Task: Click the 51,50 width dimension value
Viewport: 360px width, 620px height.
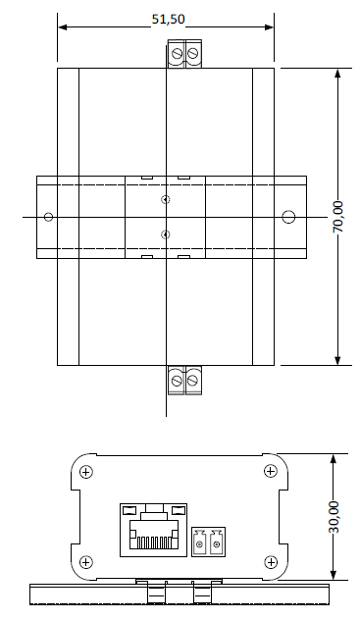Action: (x=169, y=19)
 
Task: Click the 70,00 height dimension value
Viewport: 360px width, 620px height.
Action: (x=338, y=217)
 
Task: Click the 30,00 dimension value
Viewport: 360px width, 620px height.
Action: (x=334, y=517)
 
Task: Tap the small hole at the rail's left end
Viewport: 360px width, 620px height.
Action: (x=48, y=217)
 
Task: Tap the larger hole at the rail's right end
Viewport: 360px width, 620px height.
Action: (x=288, y=217)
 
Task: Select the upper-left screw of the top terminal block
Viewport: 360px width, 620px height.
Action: (x=177, y=53)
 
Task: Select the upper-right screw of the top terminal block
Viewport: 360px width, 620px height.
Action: (x=192, y=53)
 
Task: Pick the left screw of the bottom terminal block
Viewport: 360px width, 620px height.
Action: (x=177, y=381)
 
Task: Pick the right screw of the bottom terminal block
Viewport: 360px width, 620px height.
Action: (x=192, y=381)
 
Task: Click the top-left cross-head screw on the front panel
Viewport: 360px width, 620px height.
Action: (x=85, y=472)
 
